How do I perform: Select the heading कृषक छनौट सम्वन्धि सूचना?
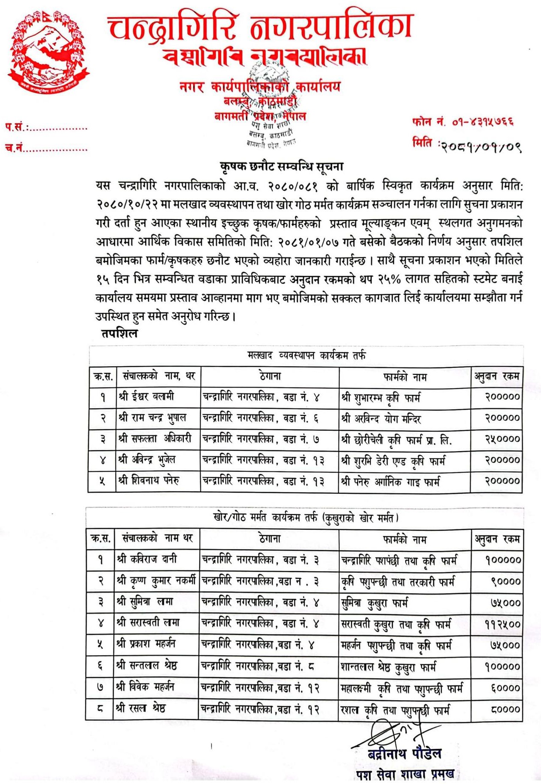click(282, 167)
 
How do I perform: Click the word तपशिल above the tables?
click(120, 333)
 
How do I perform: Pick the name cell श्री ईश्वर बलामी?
click(147, 397)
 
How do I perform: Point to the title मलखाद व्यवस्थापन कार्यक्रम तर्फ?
click(306, 355)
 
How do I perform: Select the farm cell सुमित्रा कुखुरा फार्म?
click(374, 603)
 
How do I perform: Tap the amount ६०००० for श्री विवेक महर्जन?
click(505, 688)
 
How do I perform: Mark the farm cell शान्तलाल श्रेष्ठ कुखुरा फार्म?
click(388, 667)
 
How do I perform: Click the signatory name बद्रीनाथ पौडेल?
click(404, 754)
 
